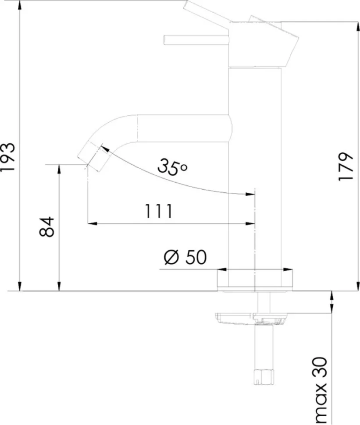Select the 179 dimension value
coord(346,166)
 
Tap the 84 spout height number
coord(47,227)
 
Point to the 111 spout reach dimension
coord(159,211)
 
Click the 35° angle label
coord(172,166)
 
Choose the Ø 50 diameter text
coord(185,257)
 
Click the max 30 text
coord(320,390)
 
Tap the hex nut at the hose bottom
coord(263,377)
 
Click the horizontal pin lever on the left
coord(196,39)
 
